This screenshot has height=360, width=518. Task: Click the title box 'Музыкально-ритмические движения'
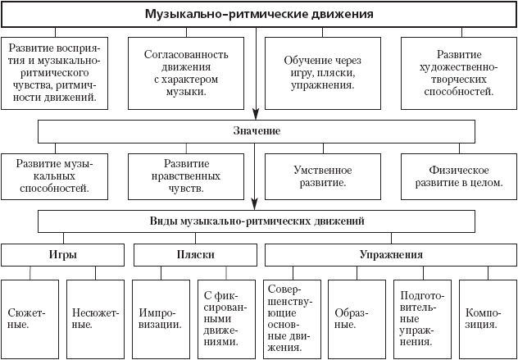[x=259, y=14]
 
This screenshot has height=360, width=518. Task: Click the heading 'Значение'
[x=257, y=131]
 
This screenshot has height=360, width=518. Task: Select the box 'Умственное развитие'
[x=322, y=175]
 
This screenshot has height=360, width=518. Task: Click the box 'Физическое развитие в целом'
[x=452, y=175]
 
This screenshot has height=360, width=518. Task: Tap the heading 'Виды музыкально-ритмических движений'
[x=257, y=221]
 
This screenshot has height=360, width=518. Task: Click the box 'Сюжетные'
[x=30, y=317]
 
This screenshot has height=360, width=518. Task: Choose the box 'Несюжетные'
[x=95, y=317]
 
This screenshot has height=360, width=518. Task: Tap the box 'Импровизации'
[x=161, y=317]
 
